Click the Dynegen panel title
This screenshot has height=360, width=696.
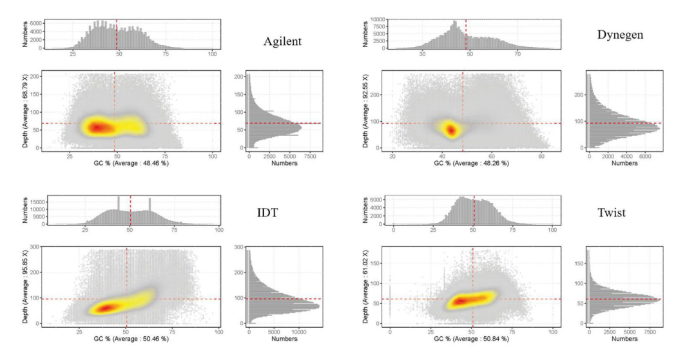coord(620,34)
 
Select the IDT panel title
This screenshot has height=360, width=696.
coord(266,213)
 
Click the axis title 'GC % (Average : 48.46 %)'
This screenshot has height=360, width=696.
coord(124,164)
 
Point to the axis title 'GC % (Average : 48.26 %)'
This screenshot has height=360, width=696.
coord(463,164)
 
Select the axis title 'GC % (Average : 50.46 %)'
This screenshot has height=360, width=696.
coord(126,339)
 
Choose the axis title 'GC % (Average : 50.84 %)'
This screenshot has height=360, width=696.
coord(472,339)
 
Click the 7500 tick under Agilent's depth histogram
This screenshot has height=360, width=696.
coord(311,156)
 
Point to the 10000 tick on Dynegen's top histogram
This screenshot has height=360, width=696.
coord(378,20)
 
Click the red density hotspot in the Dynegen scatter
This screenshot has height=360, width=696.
coord(452,130)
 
